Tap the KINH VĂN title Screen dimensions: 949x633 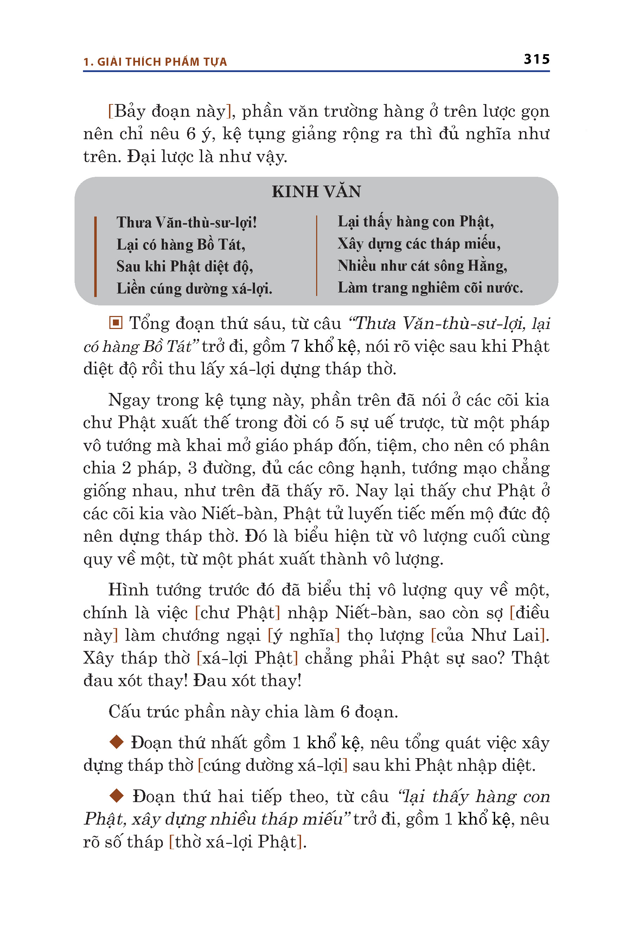pos(316,192)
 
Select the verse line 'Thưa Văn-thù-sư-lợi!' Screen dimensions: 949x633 pos(186,222)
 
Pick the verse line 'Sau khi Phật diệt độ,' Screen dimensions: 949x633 pos(185,266)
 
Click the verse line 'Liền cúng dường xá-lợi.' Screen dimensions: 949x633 pos(194,289)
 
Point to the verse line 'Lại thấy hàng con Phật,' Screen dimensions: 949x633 pos(415,221)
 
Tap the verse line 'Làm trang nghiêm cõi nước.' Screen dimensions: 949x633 pos(430,288)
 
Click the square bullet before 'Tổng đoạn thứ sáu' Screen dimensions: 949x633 pos(115,323)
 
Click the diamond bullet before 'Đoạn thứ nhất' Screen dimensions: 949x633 pos(116,742)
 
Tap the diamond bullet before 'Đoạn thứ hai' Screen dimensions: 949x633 pos(116,796)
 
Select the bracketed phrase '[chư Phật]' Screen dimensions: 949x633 pos(237,613)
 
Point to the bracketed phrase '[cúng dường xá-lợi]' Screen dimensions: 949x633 pos(273,765)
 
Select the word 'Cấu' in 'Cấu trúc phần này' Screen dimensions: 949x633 pos(124,712)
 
